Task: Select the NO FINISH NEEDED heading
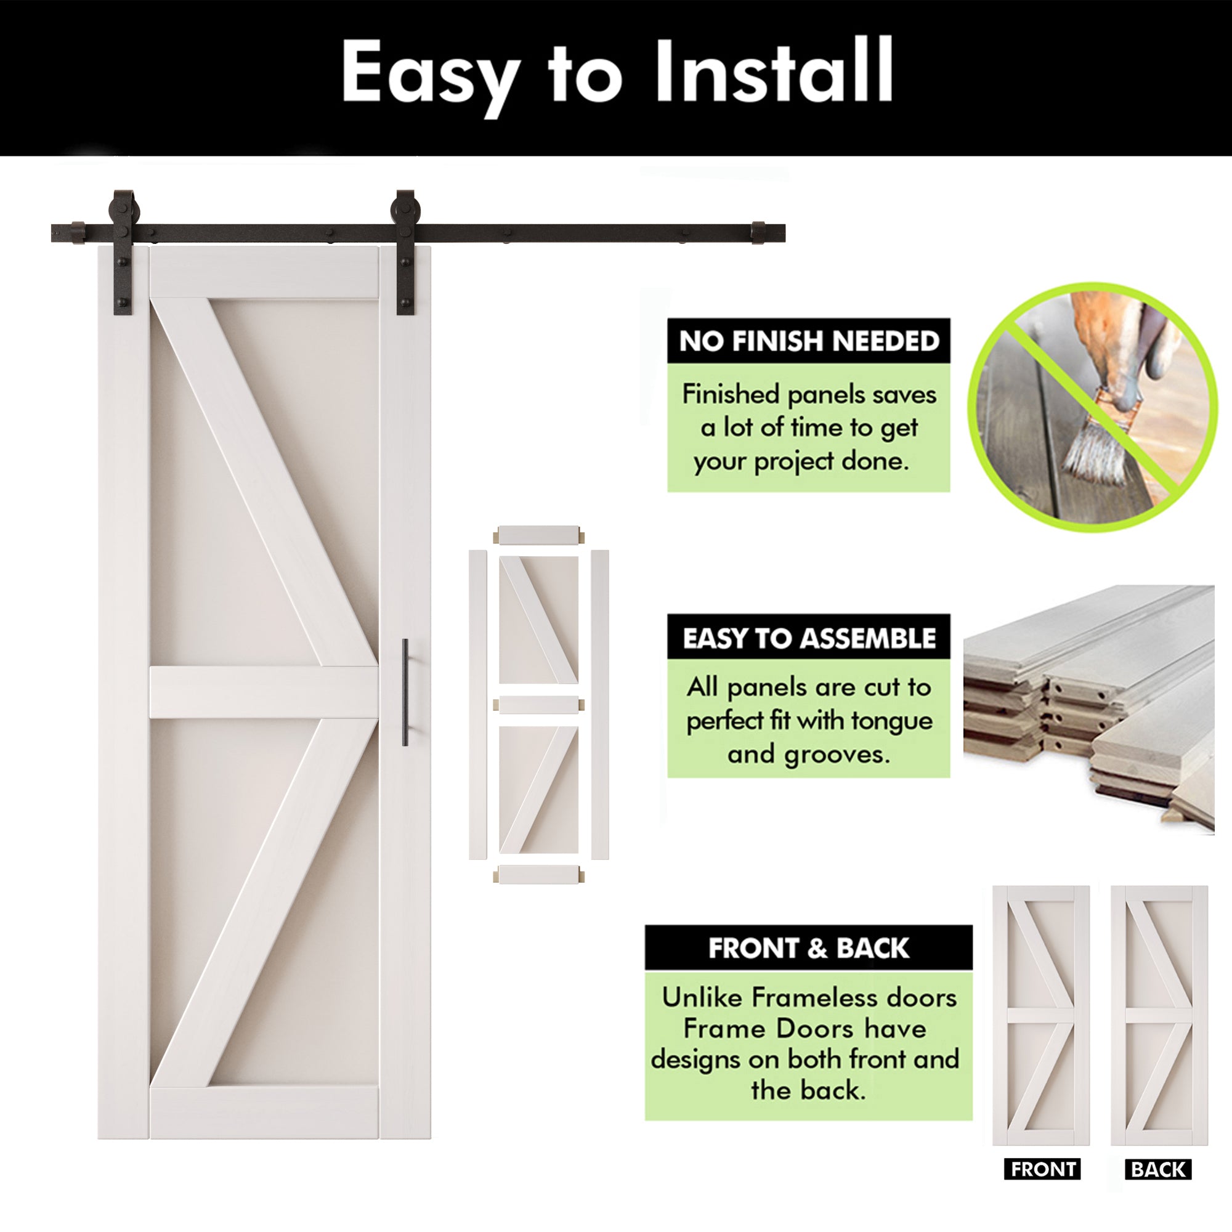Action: click(x=809, y=341)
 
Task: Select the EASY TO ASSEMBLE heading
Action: click(x=809, y=638)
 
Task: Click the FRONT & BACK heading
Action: click(x=808, y=948)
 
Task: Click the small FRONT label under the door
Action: click(x=1042, y=1170)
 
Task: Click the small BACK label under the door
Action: click(x=1158, y=1170)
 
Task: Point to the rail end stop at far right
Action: click(x=758, y=233)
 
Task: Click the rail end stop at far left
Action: click(x=77, y=233)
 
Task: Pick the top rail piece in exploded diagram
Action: click(x=539, y=534)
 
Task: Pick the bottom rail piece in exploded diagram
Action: click(x=539, y=874)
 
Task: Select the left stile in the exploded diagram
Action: click(x=477, y=705)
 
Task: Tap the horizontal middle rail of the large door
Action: click(x=264, y=692)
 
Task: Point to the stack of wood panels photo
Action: click(x=1088, y=708)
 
